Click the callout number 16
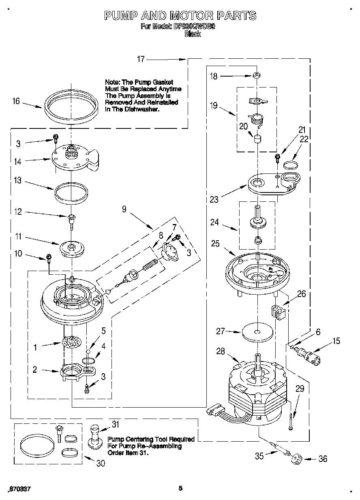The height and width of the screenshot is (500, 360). [x=16, y=101]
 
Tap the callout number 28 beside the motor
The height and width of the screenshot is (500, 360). [x=220, y=351]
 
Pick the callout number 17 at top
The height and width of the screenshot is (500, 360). [x=141, y=59]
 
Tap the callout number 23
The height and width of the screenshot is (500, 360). [x=214, y=199]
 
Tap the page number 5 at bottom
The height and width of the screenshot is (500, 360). [x=180, y=488]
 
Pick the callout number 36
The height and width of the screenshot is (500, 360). [x=323, y=459]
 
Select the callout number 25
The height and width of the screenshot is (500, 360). [x=215, y=244]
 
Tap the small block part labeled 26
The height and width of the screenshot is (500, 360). [x=276, y=312]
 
